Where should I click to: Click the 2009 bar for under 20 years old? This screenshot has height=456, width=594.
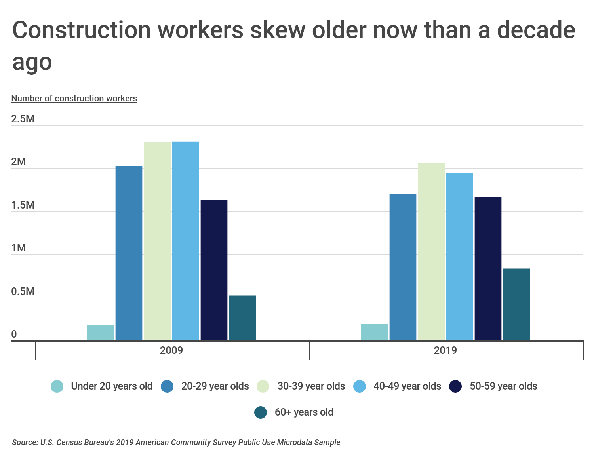[101, 332]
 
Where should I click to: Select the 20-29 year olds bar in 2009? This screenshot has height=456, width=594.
[129, 253]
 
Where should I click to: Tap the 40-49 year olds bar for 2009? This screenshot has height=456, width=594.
[186, 241]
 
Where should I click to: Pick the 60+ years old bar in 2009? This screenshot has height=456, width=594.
[242, 318]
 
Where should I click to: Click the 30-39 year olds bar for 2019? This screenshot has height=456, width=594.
[431, 252]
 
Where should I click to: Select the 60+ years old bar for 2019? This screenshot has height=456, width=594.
[516, 304]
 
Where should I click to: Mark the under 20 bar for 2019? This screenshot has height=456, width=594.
[375, 332]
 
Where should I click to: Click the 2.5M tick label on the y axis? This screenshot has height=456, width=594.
[23, 119]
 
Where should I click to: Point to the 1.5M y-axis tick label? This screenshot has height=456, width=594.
[23, 205]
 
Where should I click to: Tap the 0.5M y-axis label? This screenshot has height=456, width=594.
[23, 291]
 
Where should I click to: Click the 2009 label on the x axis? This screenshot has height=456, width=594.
[171, 350]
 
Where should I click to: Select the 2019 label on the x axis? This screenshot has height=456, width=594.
[445, 350]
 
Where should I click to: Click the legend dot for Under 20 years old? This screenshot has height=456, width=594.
[57, 386]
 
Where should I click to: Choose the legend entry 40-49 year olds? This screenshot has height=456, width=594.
[407, 386]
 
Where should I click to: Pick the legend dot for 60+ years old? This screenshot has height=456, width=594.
[261, 412]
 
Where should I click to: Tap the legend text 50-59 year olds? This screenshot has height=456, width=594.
[503, 386]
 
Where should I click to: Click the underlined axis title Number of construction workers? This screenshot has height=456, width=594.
[74, 98]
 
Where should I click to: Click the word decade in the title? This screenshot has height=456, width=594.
[536, 30]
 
